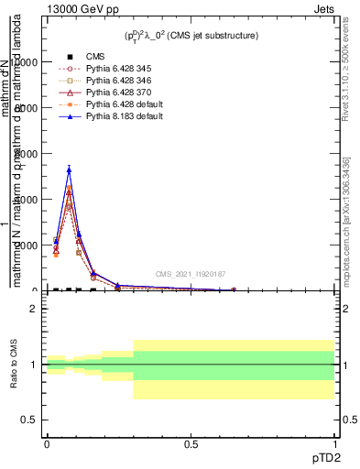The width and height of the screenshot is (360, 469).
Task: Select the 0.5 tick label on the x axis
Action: point(191,444)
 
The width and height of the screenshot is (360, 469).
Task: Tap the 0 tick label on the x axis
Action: point(47,444)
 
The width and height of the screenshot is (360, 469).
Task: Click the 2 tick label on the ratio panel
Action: point(33,309)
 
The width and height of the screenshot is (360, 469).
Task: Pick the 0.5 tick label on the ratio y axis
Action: point(28,420)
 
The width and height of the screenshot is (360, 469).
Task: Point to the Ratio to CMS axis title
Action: point(14,364)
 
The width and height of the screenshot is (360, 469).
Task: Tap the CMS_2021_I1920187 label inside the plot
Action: point(191,274)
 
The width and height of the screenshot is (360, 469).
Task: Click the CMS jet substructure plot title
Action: point(191,36)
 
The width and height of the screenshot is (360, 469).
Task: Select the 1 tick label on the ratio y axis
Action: point(33,365)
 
